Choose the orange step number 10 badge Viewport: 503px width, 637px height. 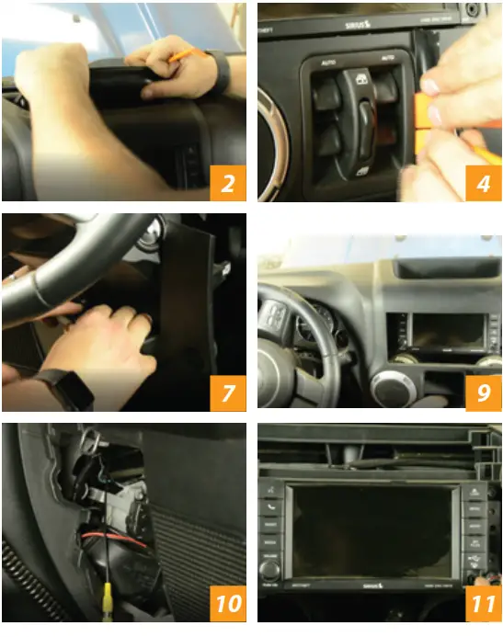pos(225,604)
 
